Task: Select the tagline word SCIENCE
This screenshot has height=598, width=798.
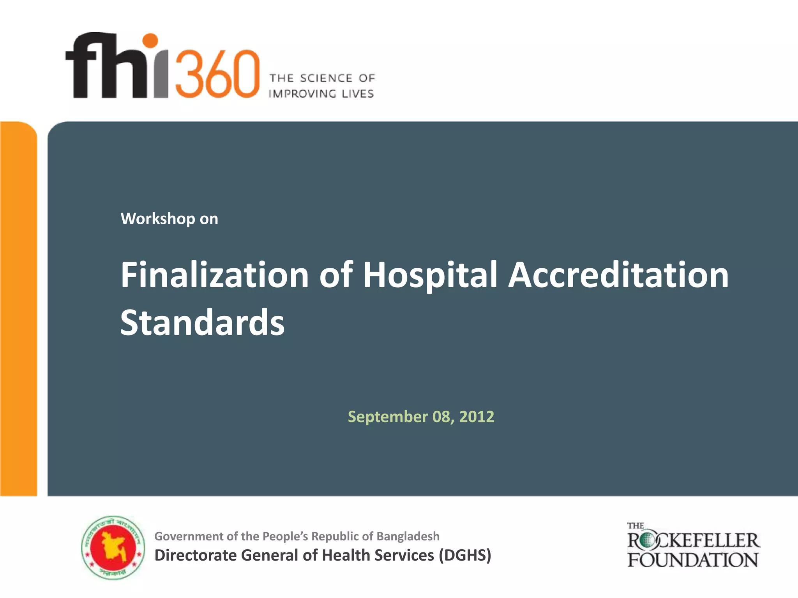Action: [x=326, y=78]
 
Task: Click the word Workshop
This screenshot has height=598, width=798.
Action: [x=158, y=219]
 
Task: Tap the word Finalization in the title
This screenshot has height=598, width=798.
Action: [x=215, y=275]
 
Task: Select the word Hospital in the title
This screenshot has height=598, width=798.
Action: [x=430, y=275]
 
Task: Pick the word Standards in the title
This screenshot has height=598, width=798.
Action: [x=203, y=322]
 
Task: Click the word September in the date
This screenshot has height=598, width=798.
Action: [x=388, y=417]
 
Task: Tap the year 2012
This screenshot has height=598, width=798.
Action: [x=477, y=417]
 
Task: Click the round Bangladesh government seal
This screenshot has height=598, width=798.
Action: [x=113, y=548]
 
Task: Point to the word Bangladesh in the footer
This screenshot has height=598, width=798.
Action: [x=408, y=536]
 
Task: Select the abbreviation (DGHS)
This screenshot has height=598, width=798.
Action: [x=465, y=555]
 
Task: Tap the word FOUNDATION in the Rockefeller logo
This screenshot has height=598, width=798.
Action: [x=692, y=560]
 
